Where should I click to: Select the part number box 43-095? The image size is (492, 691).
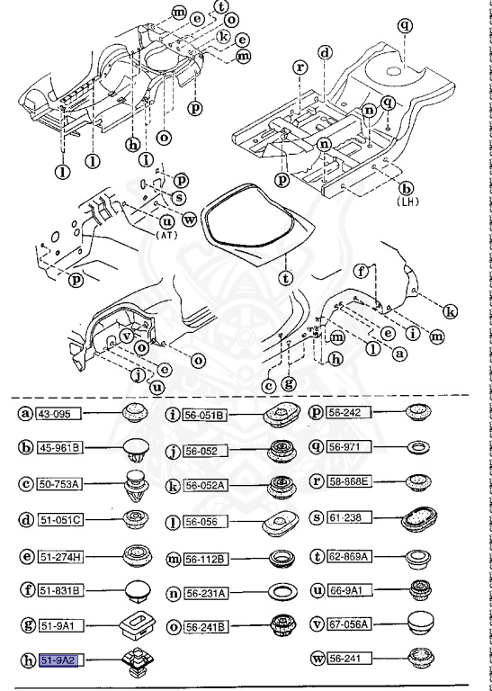[57, 414]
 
